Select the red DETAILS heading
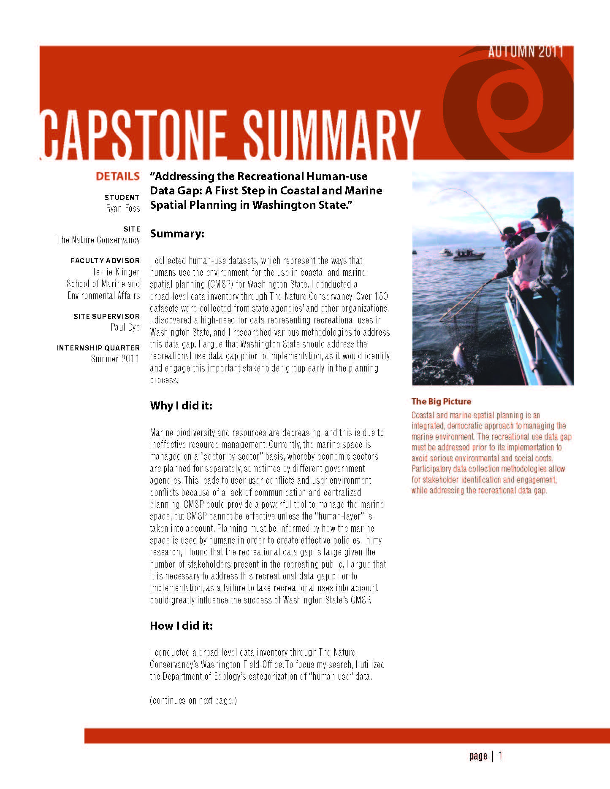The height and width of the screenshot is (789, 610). coord(117,176)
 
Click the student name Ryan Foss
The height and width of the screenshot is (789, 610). coord(123,208)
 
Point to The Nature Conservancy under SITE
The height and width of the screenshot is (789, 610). coord(98,240)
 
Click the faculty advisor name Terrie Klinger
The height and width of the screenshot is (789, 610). coord(116,272)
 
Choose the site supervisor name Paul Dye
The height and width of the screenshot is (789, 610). coord(125,327)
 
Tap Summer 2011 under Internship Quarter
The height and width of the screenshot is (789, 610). coord(115,359)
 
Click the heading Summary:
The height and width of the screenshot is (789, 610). coord(177,234)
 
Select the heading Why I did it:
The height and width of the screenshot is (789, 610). coord(181,406)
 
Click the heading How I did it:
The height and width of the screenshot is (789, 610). coord(182,626)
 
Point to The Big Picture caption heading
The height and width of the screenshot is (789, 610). coord(441,401)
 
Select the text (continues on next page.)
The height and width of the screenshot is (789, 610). coord(193,700)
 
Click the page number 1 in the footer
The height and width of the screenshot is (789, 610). coord(500,756)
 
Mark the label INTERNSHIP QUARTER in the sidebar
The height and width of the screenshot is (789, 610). coord(98,348)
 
